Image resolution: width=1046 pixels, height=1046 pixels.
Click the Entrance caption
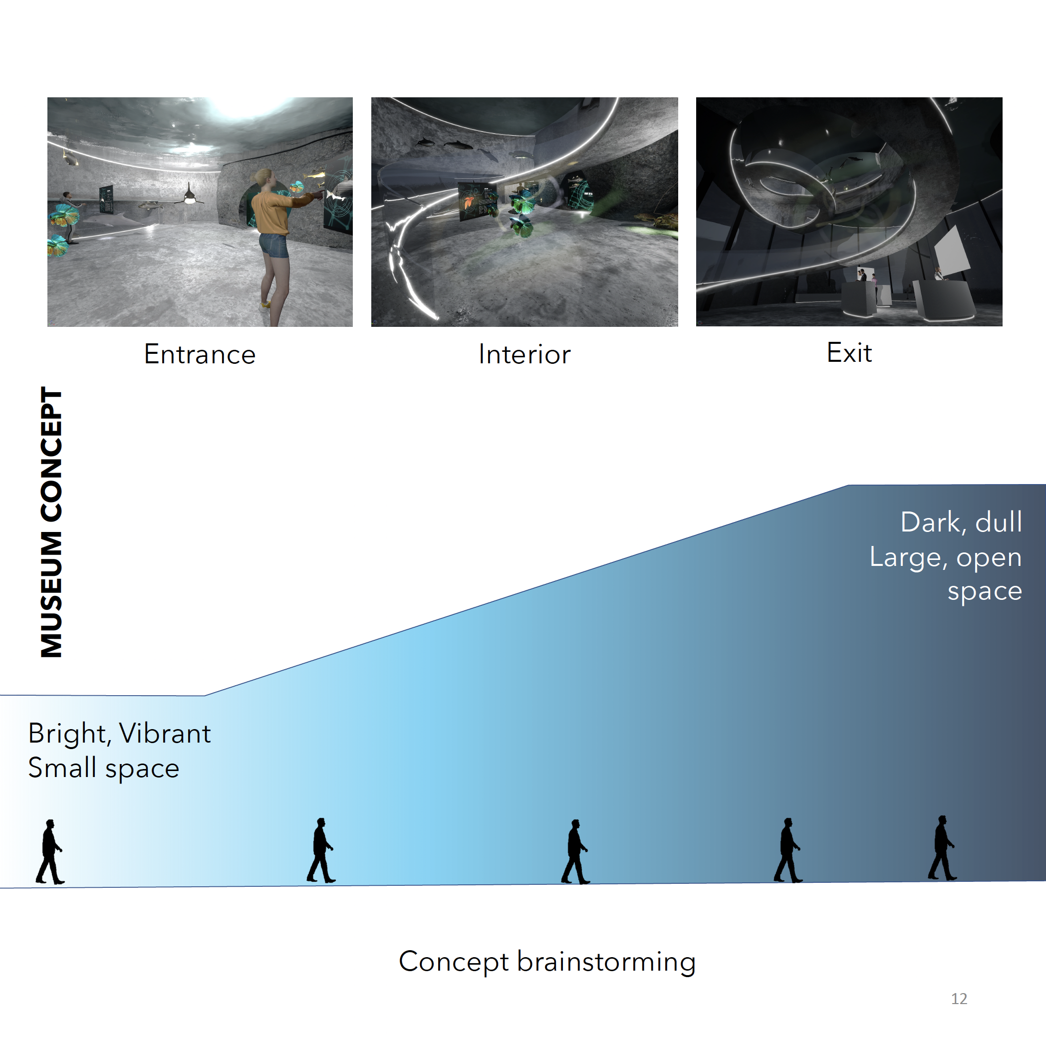tap(200, 355)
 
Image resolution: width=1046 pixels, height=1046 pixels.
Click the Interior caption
tap(524, 355)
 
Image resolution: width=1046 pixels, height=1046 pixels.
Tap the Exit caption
tap(849, 353)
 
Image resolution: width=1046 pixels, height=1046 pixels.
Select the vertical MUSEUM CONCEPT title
tap(52, 523)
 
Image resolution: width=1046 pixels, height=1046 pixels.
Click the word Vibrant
tap(165, 734)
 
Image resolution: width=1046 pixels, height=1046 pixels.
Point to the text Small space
tap(103, 768)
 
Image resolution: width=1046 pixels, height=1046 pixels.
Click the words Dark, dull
tap(961, 523)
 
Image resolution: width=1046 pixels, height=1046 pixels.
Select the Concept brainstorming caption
tap(547, 962)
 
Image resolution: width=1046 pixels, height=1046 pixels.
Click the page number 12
tap(959, 999)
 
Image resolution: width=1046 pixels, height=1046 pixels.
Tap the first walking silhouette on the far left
tap(50, 852)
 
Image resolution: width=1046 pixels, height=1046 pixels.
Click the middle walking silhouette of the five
tap(575, 852)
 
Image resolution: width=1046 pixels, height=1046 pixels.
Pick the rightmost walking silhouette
tap(943, 848)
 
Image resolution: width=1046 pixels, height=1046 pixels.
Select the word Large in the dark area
tap(906, 557)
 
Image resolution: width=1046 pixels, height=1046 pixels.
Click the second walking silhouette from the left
tap(321, 851)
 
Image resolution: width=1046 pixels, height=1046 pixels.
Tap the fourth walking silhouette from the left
tap(788, 851)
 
